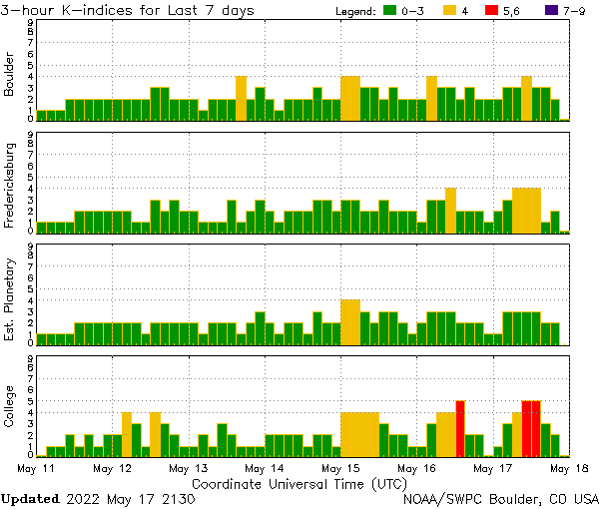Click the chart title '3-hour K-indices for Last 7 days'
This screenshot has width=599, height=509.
[x=128, y=10]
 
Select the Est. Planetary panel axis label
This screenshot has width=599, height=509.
[x=10, y=299]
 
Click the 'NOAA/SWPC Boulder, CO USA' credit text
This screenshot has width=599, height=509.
[x=501, y=498]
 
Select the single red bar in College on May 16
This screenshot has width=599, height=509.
[x=460, y=428]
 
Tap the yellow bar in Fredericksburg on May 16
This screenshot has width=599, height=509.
[x=451, y=210]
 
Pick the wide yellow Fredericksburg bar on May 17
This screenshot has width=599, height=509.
[x=526, y=210]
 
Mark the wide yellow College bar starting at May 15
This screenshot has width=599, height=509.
[x=359, y=433]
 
